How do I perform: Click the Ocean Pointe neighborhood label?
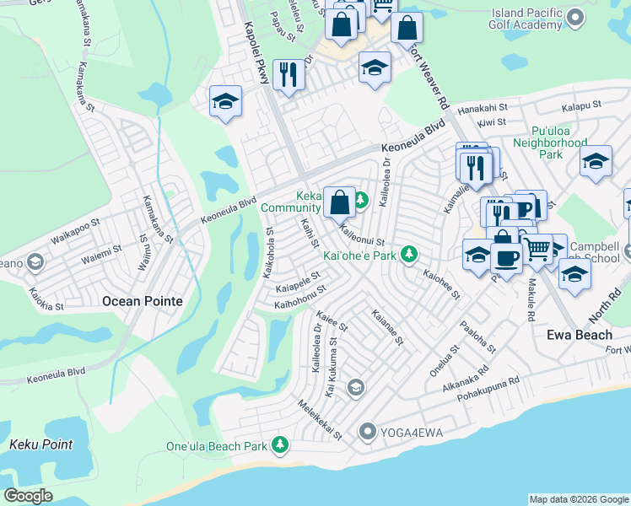click(143, 300)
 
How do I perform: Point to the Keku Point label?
click(35, 444)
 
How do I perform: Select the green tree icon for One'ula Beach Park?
click(280, 445)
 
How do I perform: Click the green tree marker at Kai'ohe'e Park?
click(409, 254)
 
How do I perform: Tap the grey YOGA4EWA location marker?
click(367, 433)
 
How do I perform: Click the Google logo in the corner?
click(28, 495)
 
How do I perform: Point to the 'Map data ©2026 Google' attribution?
click(579, 499)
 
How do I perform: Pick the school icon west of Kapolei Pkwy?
click(224, 102)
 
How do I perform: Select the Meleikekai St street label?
click(319, 420)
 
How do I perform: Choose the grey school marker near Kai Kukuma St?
click(355, 387)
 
